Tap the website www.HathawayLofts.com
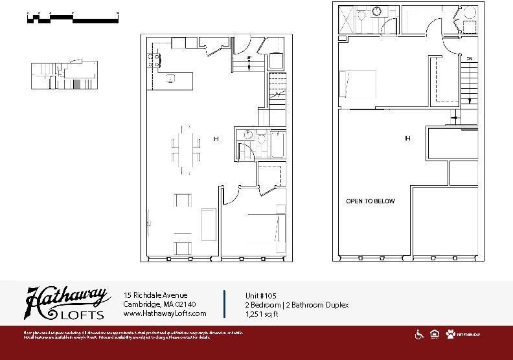[x=165, y=313]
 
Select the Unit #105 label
[x=262, y=295]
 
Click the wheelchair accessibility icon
[x=419, y=334]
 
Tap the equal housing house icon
[x=434, y=334]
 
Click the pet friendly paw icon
[x=450, y=334]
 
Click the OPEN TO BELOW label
[x=370, y=201]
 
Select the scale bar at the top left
[x=73, y=17]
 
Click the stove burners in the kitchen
[x=154, y=61]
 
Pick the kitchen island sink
[x=171, y=79]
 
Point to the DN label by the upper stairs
[x=470, y=59]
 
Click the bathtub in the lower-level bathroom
[x=278, y=144]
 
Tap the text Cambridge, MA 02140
[x=159, y=304]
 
